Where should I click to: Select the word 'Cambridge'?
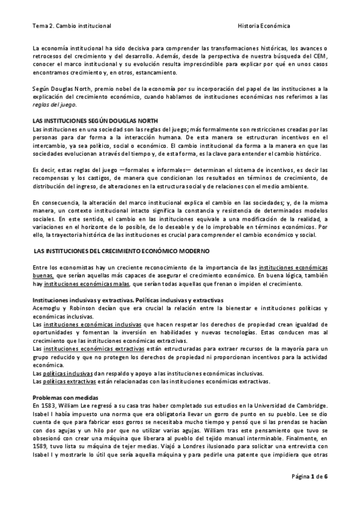click(x=308, y=407)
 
